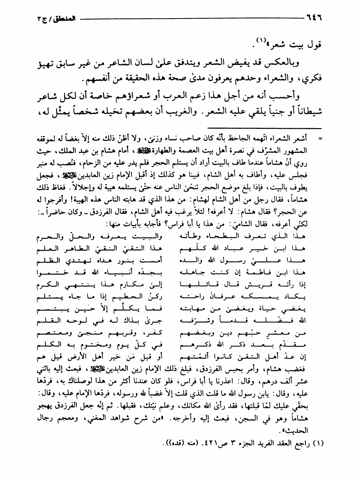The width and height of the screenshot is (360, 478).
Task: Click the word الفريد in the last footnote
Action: point(251,443)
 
